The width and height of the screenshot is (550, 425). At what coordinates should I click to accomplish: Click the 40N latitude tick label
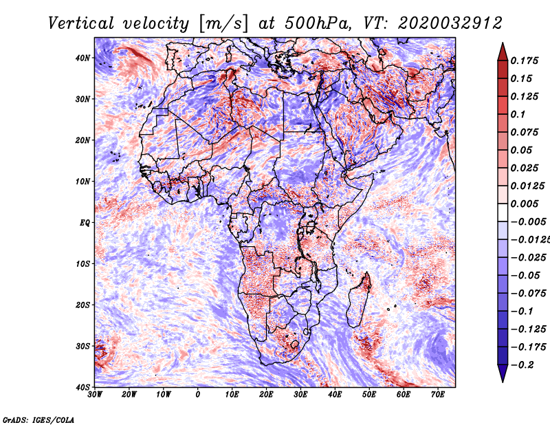[x=82, y=58]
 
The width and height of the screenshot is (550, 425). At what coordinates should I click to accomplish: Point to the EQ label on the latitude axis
[x=84, y=223]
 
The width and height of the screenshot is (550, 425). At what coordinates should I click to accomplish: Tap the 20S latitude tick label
[x=82, y=305]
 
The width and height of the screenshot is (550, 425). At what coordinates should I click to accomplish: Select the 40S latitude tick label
[x=82, y=387]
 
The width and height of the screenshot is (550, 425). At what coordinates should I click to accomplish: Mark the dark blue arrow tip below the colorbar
[x=503, y=378]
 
